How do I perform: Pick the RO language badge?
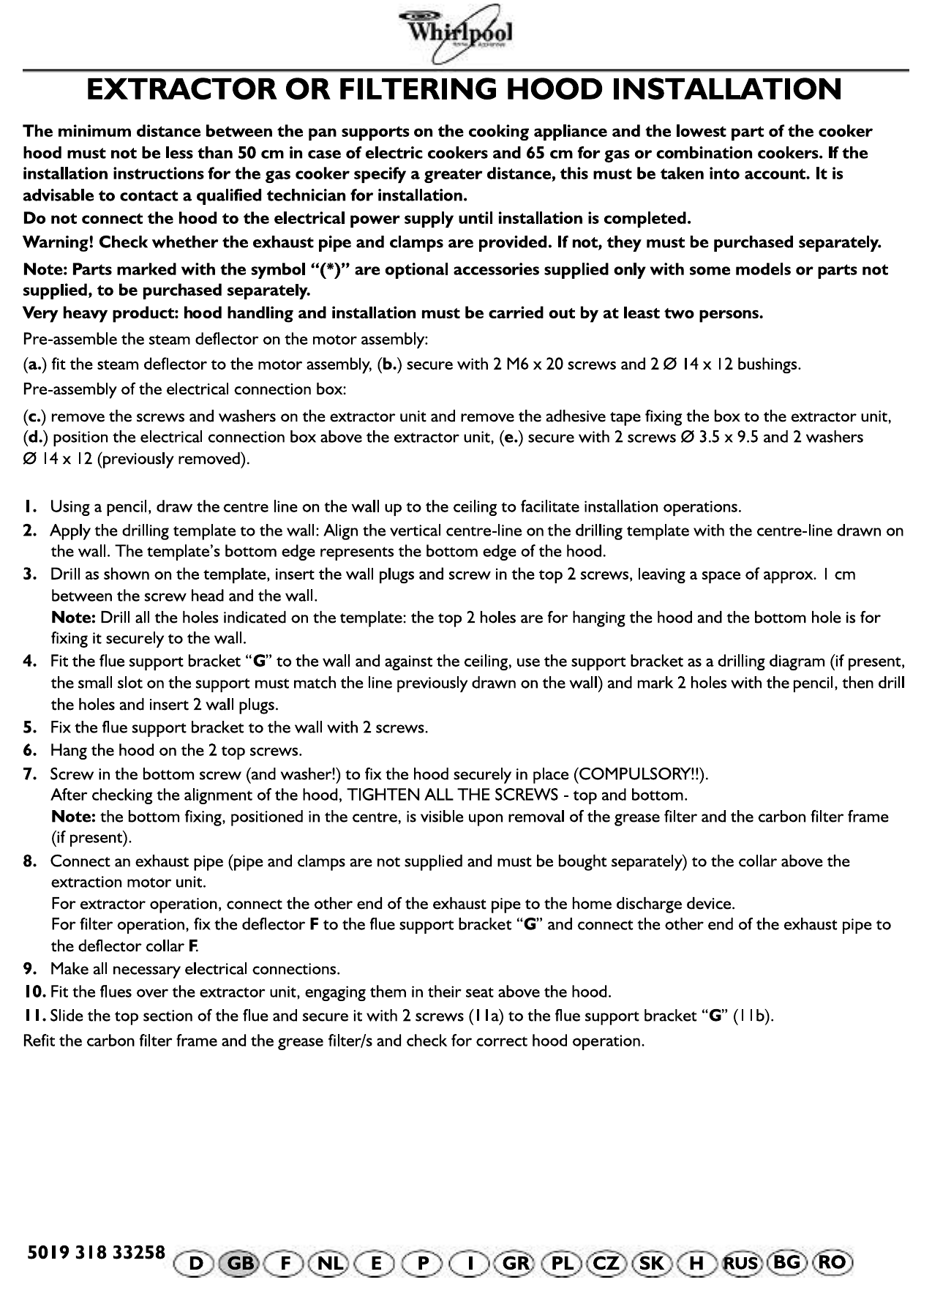click(833, 1263)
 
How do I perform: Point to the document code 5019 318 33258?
click(97, 1252)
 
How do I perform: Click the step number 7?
click(29, 774)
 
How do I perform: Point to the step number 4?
click(29, 662)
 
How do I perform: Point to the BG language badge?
click(786, 1263)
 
